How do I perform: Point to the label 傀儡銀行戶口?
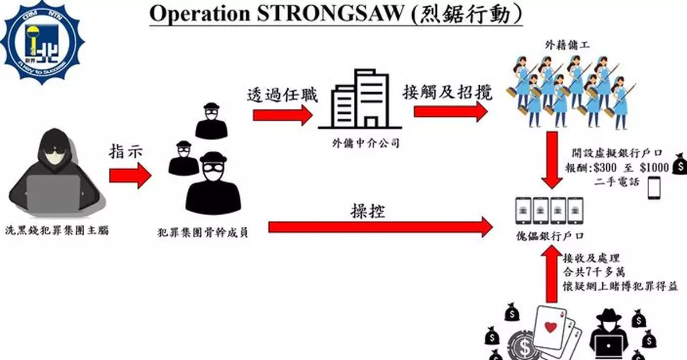tap(549, 236)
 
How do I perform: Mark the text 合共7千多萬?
tap(592, 271)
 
